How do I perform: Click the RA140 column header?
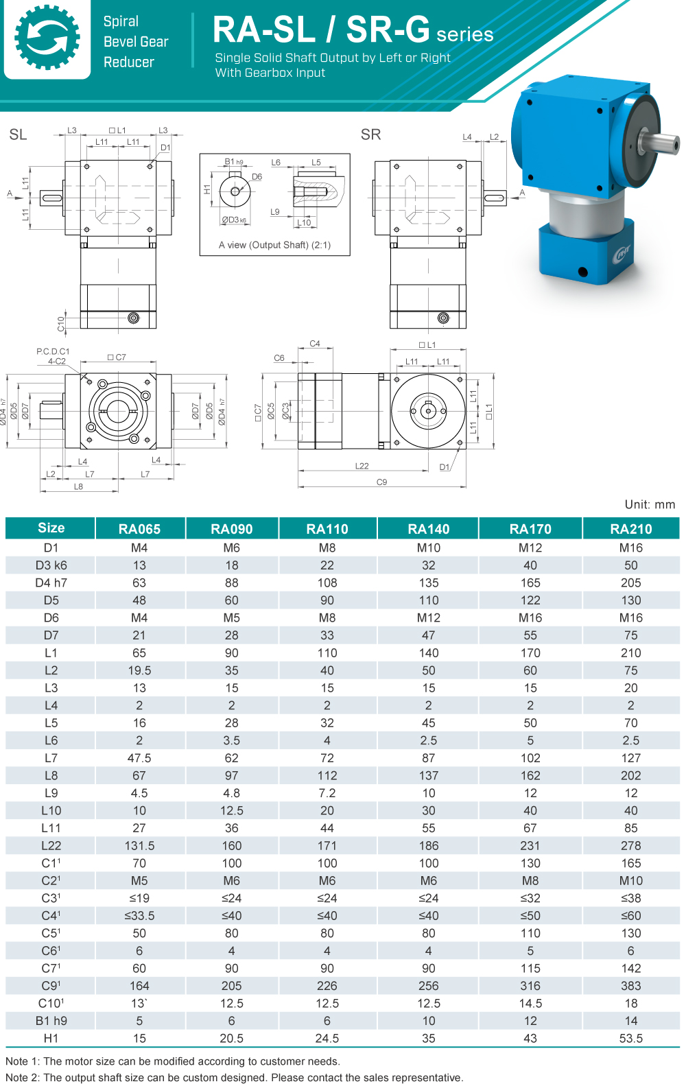(428, 528)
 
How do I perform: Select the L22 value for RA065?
(139, 845)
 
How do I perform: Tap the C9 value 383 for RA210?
(630, 985)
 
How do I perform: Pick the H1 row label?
(51, 1038)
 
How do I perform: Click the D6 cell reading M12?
(428, 617)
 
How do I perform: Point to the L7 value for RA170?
(530, 757)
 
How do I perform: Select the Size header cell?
(51, 528)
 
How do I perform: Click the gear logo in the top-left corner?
(47, 38)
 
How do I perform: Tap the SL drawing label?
(18, 134)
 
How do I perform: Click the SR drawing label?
(370, 134)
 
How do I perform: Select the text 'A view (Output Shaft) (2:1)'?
(274, 245)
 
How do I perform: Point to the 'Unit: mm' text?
(649, 504)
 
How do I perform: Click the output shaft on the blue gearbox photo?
(660, 143)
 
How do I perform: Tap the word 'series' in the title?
(464, 34)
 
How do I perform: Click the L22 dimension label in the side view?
(362, 466)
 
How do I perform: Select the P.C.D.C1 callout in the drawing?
(53, 351)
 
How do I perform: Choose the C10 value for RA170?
(530, 1003)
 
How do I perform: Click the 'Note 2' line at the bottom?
(234, 1077)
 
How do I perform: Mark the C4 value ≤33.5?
(139, 915)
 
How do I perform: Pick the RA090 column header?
(231, 528)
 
